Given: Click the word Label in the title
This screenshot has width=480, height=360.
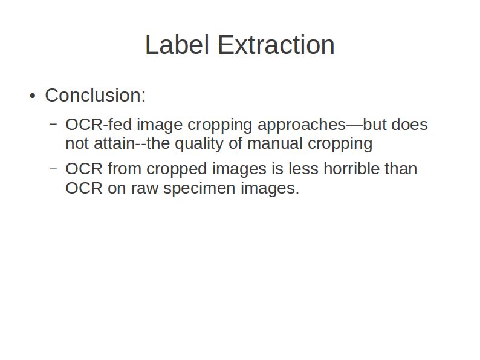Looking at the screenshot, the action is tap(177, 45).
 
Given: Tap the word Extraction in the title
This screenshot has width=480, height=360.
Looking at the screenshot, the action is tap(276, 45).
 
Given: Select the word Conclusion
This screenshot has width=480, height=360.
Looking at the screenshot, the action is tap(95, 95).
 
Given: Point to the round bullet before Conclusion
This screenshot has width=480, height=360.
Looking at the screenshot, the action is tap(33, 96).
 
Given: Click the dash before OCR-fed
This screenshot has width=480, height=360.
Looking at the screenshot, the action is tap(53, 124).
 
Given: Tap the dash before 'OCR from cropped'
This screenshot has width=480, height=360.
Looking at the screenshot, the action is tap(53, 168).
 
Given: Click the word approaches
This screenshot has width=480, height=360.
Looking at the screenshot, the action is tap(302, 125).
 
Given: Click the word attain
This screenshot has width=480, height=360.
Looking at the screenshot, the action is tap(114, 143).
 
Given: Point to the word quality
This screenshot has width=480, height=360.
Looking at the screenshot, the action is tap(199, 144).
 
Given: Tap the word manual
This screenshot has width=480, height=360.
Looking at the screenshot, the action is tap(275, 143).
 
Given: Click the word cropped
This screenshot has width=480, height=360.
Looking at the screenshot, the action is tap(177, 170).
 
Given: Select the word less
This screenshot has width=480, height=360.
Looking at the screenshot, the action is tap(303, 169).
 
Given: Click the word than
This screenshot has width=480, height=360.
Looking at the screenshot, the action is tap(401, 169).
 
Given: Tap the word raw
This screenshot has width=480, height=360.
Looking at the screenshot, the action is tap(145, 188).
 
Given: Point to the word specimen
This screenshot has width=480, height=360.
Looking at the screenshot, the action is tap(199, 189).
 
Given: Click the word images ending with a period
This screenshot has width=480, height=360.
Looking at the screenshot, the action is tap(270, 189).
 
